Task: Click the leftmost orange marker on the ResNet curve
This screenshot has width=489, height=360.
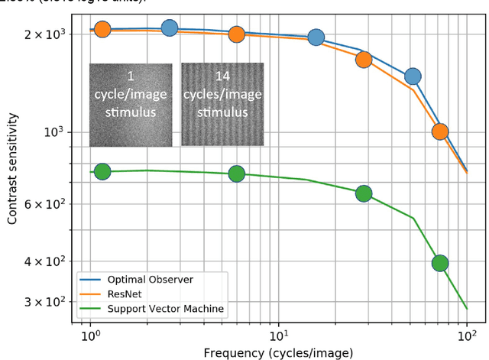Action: pos(102,30)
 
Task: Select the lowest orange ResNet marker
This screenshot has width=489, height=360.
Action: pos(439,131)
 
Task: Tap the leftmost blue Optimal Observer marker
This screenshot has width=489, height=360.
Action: pos(170,28)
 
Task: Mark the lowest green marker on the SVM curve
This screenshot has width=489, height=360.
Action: pos(439,263)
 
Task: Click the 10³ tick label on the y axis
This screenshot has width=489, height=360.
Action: pos(59,132)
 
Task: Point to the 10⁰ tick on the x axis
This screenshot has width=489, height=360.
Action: pos(90,336)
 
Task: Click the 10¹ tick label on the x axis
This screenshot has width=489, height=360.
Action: pos(278,336)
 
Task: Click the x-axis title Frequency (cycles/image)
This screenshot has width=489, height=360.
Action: pos(278,352)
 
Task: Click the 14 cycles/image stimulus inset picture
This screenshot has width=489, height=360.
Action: pos(222,104)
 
